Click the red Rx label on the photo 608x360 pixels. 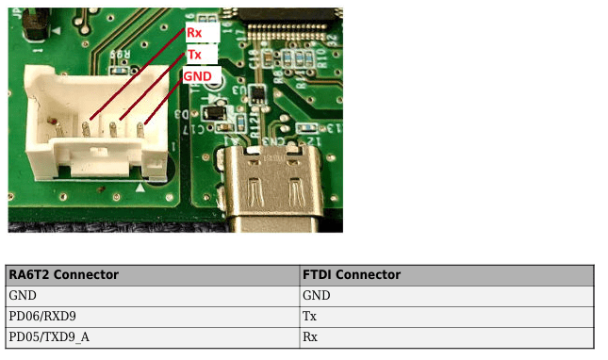(x=194, y=33)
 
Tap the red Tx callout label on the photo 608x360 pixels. (x=194, y=55)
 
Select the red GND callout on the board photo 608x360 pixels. (x=197, y=76)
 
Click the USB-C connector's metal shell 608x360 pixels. (x=273, y=187)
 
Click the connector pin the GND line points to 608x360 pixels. (x=140, y=130)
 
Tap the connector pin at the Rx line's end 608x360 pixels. (x=86, y=129)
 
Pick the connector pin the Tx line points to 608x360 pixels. (x=113, y=129)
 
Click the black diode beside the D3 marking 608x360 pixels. (x=214, y=113)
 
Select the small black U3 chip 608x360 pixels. (x=256, y=94)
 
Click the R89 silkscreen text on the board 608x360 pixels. (x=121, y=55)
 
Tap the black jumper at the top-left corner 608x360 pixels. (x=37, y=24)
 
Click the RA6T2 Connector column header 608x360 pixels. (x=63, y=275)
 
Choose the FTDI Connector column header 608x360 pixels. (x=352, y=275)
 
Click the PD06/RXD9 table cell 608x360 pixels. (x=42, y=317)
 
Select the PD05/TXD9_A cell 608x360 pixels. (x=49, y=337)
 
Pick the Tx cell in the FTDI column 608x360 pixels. (x=309, y=317)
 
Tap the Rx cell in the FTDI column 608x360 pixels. (x=310, y=337)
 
